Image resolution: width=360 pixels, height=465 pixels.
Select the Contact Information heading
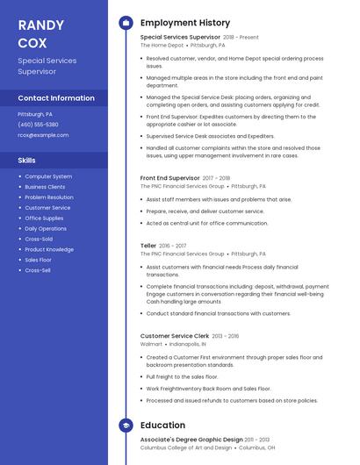point(56,98)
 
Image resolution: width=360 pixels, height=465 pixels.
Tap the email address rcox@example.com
point(43,135)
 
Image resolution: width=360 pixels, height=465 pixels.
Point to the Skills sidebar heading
point(27,161)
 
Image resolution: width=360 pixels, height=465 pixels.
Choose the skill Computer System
point(48,176)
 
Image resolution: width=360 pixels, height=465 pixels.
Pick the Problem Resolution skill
point(49,197)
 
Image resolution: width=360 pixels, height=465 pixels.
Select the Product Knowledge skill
point(49,249)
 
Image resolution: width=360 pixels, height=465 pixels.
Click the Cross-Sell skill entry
point(38,270)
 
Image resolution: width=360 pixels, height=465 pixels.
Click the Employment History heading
point(185,23)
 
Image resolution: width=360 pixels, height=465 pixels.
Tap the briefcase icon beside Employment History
point(126,23)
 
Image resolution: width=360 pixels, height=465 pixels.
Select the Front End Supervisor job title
point(170,178)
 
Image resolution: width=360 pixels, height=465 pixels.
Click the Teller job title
point(148,246)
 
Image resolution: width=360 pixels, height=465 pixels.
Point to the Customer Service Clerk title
point(174,336)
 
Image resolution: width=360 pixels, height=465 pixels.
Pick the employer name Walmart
point(151,344)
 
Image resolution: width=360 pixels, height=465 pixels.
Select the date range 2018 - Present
point(241,38)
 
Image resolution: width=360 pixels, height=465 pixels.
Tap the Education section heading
point(162,426)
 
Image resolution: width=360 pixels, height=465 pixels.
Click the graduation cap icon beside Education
point(126,426)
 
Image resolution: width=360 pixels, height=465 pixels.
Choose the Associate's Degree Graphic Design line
point(191,440)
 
